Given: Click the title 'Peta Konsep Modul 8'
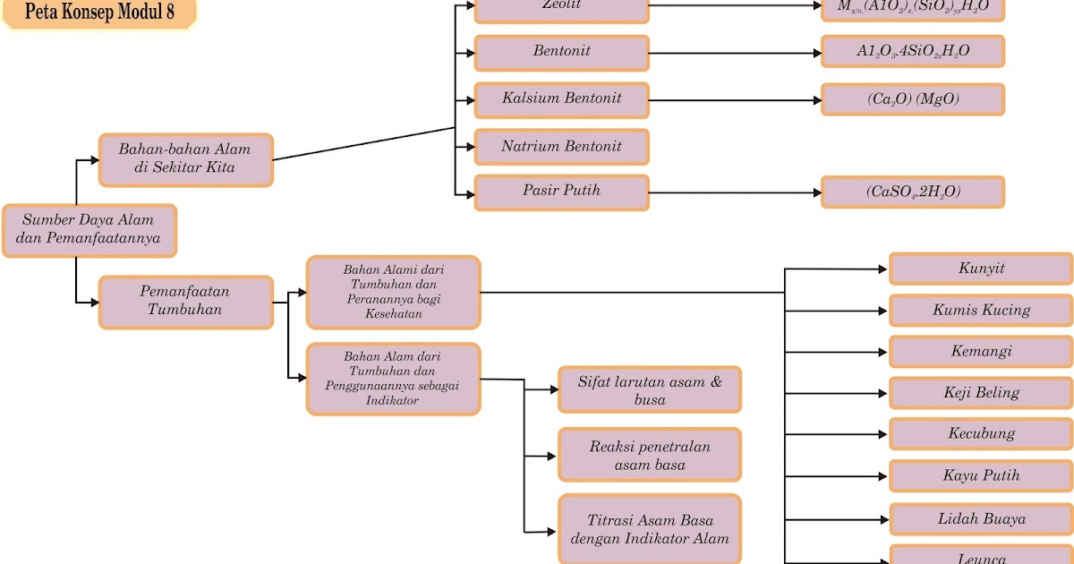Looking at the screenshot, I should pos(99,13).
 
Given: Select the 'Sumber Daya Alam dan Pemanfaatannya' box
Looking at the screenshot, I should pos(89,230).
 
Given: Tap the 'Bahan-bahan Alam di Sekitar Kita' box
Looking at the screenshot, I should pos(185,159).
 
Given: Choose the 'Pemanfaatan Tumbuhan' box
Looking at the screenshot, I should pos(185,302).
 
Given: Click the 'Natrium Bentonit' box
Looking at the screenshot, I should pos(561,147).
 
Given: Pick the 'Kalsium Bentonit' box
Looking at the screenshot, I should pos(561,98).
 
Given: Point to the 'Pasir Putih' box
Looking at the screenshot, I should pos(561,192).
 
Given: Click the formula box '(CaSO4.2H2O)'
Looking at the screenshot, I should pos(912,192).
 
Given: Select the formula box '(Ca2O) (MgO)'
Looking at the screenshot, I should pos(912,99).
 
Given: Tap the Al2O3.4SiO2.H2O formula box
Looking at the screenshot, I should pos(912,51).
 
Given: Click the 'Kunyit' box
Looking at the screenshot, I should pos(980,269).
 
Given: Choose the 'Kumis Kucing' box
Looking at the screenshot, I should pos(980,311).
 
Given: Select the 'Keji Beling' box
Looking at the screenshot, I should pos(980,393).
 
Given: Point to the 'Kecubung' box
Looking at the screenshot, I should pos(980,434).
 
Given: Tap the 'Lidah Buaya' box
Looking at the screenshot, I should pos(980,519).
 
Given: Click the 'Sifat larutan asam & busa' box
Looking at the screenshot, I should pos(649,389).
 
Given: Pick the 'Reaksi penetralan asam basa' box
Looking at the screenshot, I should pos(649,455).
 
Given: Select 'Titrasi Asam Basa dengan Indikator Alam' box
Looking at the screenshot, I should pos(649,529).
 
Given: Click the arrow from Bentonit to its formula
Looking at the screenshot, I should pos(734,53).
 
